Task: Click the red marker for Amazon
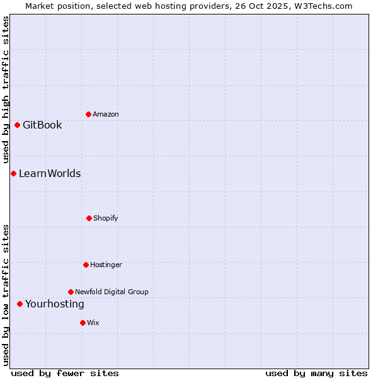pos(88,114)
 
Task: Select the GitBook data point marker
pos(17,125)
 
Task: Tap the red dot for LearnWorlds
pos(13,173)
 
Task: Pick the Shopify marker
pos(89,218)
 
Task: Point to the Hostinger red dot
pos(86,265)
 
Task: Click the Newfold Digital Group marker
pos(71,292)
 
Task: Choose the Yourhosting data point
pos(20,304)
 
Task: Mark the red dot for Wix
pos(83,323)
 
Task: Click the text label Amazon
pos(106,114)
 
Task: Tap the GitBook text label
pos(42,125)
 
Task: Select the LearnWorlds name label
pos(50,173)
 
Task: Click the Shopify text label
pos(106,218)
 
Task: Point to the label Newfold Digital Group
pos(112,292)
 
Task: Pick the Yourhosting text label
pos(54,304)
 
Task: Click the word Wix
pos(93,323)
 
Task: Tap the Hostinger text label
pos(106,265)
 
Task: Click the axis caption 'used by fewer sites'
pos(65,373)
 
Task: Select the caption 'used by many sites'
pos(316,373)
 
